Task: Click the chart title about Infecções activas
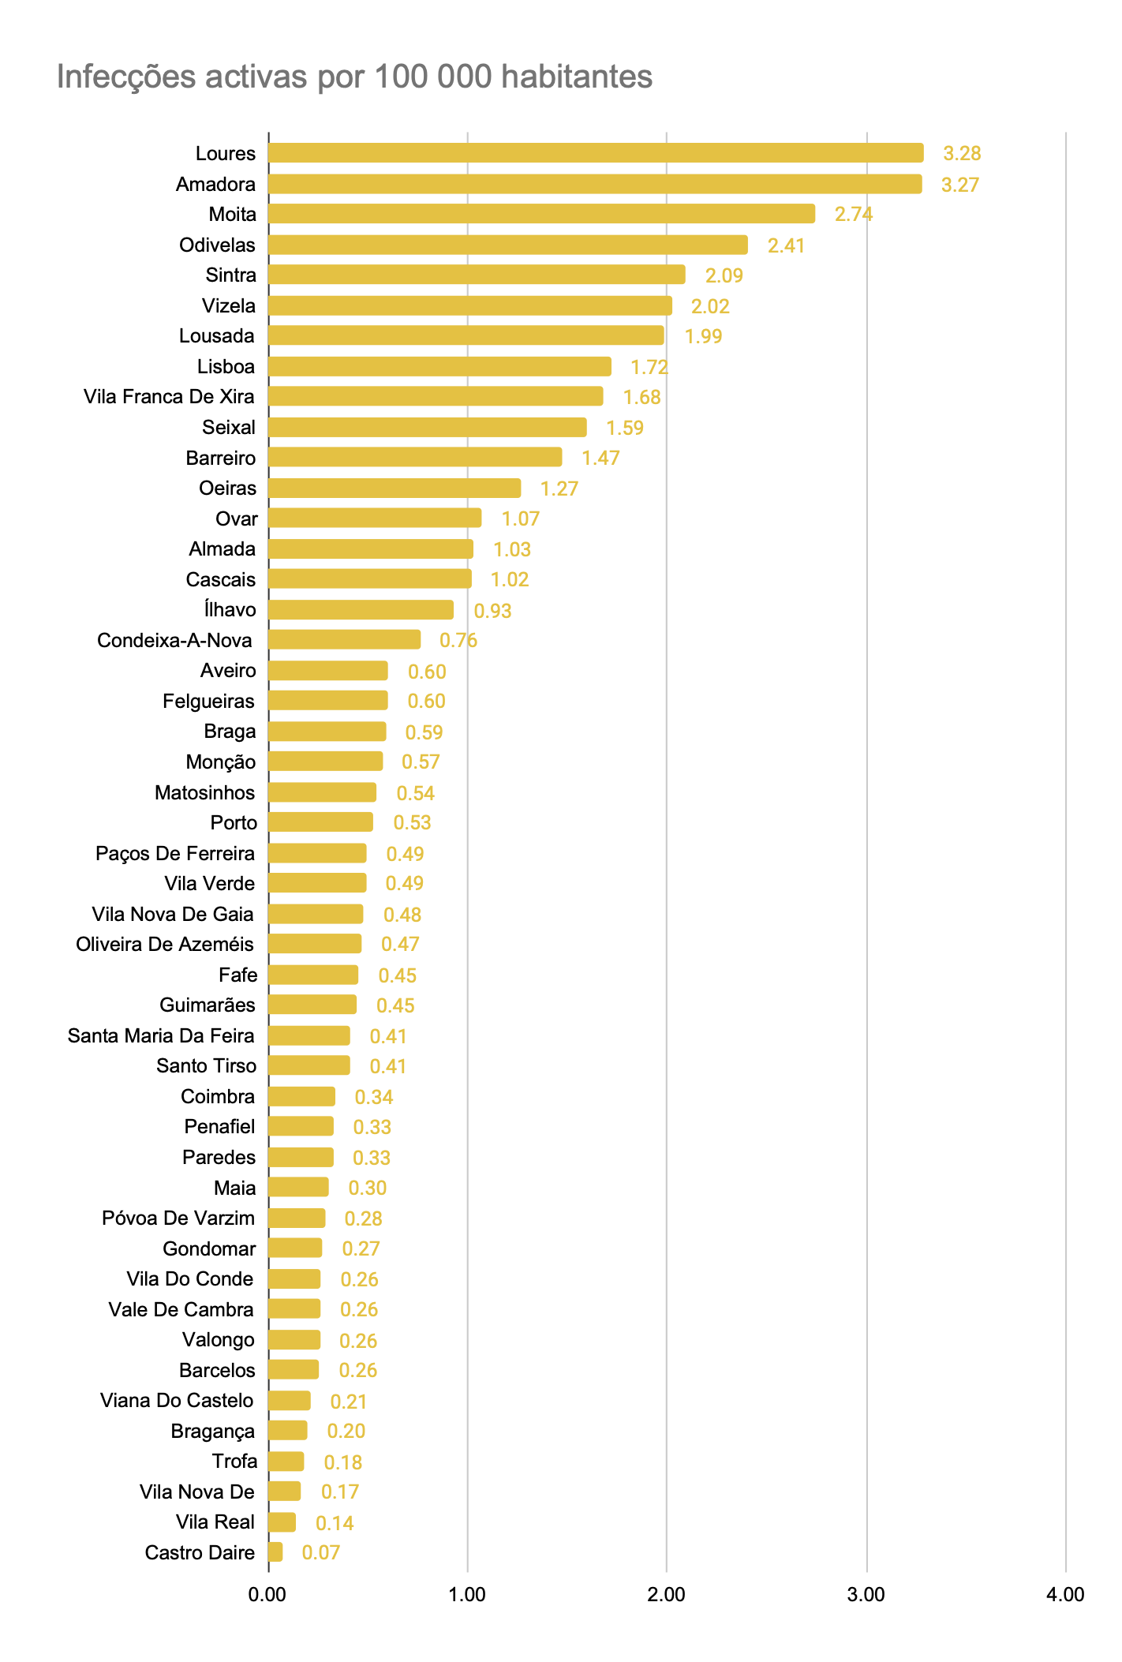coord(354,77)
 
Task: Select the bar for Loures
coord(596,153)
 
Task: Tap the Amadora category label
coord(215,185)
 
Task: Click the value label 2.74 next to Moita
coord(854,215)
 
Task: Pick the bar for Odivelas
coord(507,245)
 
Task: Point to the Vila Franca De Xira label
coord(169,397)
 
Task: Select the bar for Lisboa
coord(439,367)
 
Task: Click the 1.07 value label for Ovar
coord(521,519)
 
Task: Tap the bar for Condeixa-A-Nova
coord(344,640)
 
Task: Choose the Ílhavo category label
coord(229,610)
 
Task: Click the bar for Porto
coord(320,822)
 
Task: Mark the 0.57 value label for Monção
coord(421,762)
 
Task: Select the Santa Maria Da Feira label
coord(161,1036)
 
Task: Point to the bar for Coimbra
coord(301,1097)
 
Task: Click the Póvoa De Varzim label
coord(178,1218)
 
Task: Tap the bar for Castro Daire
coord(275,1552)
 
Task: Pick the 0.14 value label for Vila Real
coord(335,1523)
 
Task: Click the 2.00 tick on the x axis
coord(667,1595)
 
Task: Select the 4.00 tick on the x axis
coord(1065,1595)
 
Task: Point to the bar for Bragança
coord(287,1431)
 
